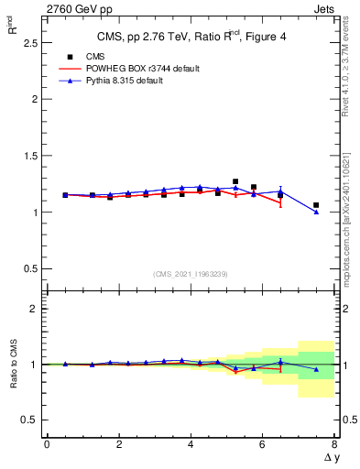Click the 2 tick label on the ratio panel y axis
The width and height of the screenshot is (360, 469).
[x=33, y=309]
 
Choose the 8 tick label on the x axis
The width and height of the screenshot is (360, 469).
[x=334, y=444]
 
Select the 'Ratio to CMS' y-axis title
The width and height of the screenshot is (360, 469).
[x=13, y=365]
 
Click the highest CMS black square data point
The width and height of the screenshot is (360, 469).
[x=235, y=181]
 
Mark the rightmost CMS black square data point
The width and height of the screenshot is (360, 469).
[x=316, y=205]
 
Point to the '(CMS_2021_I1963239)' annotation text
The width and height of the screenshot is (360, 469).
[x=191, y=273]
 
